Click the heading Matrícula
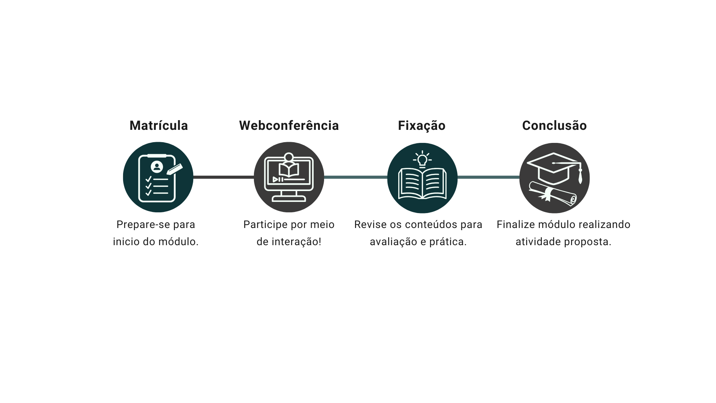(158, 126)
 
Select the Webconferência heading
(289, 126)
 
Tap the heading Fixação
(421, 126)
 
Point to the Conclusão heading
(554, 126)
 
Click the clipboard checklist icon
(157, 178)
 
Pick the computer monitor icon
(289, 177)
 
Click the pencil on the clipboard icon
(175, 169)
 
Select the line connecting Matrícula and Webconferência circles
(224, 177)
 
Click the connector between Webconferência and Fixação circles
(356, 177)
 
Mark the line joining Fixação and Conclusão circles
(489, 177)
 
